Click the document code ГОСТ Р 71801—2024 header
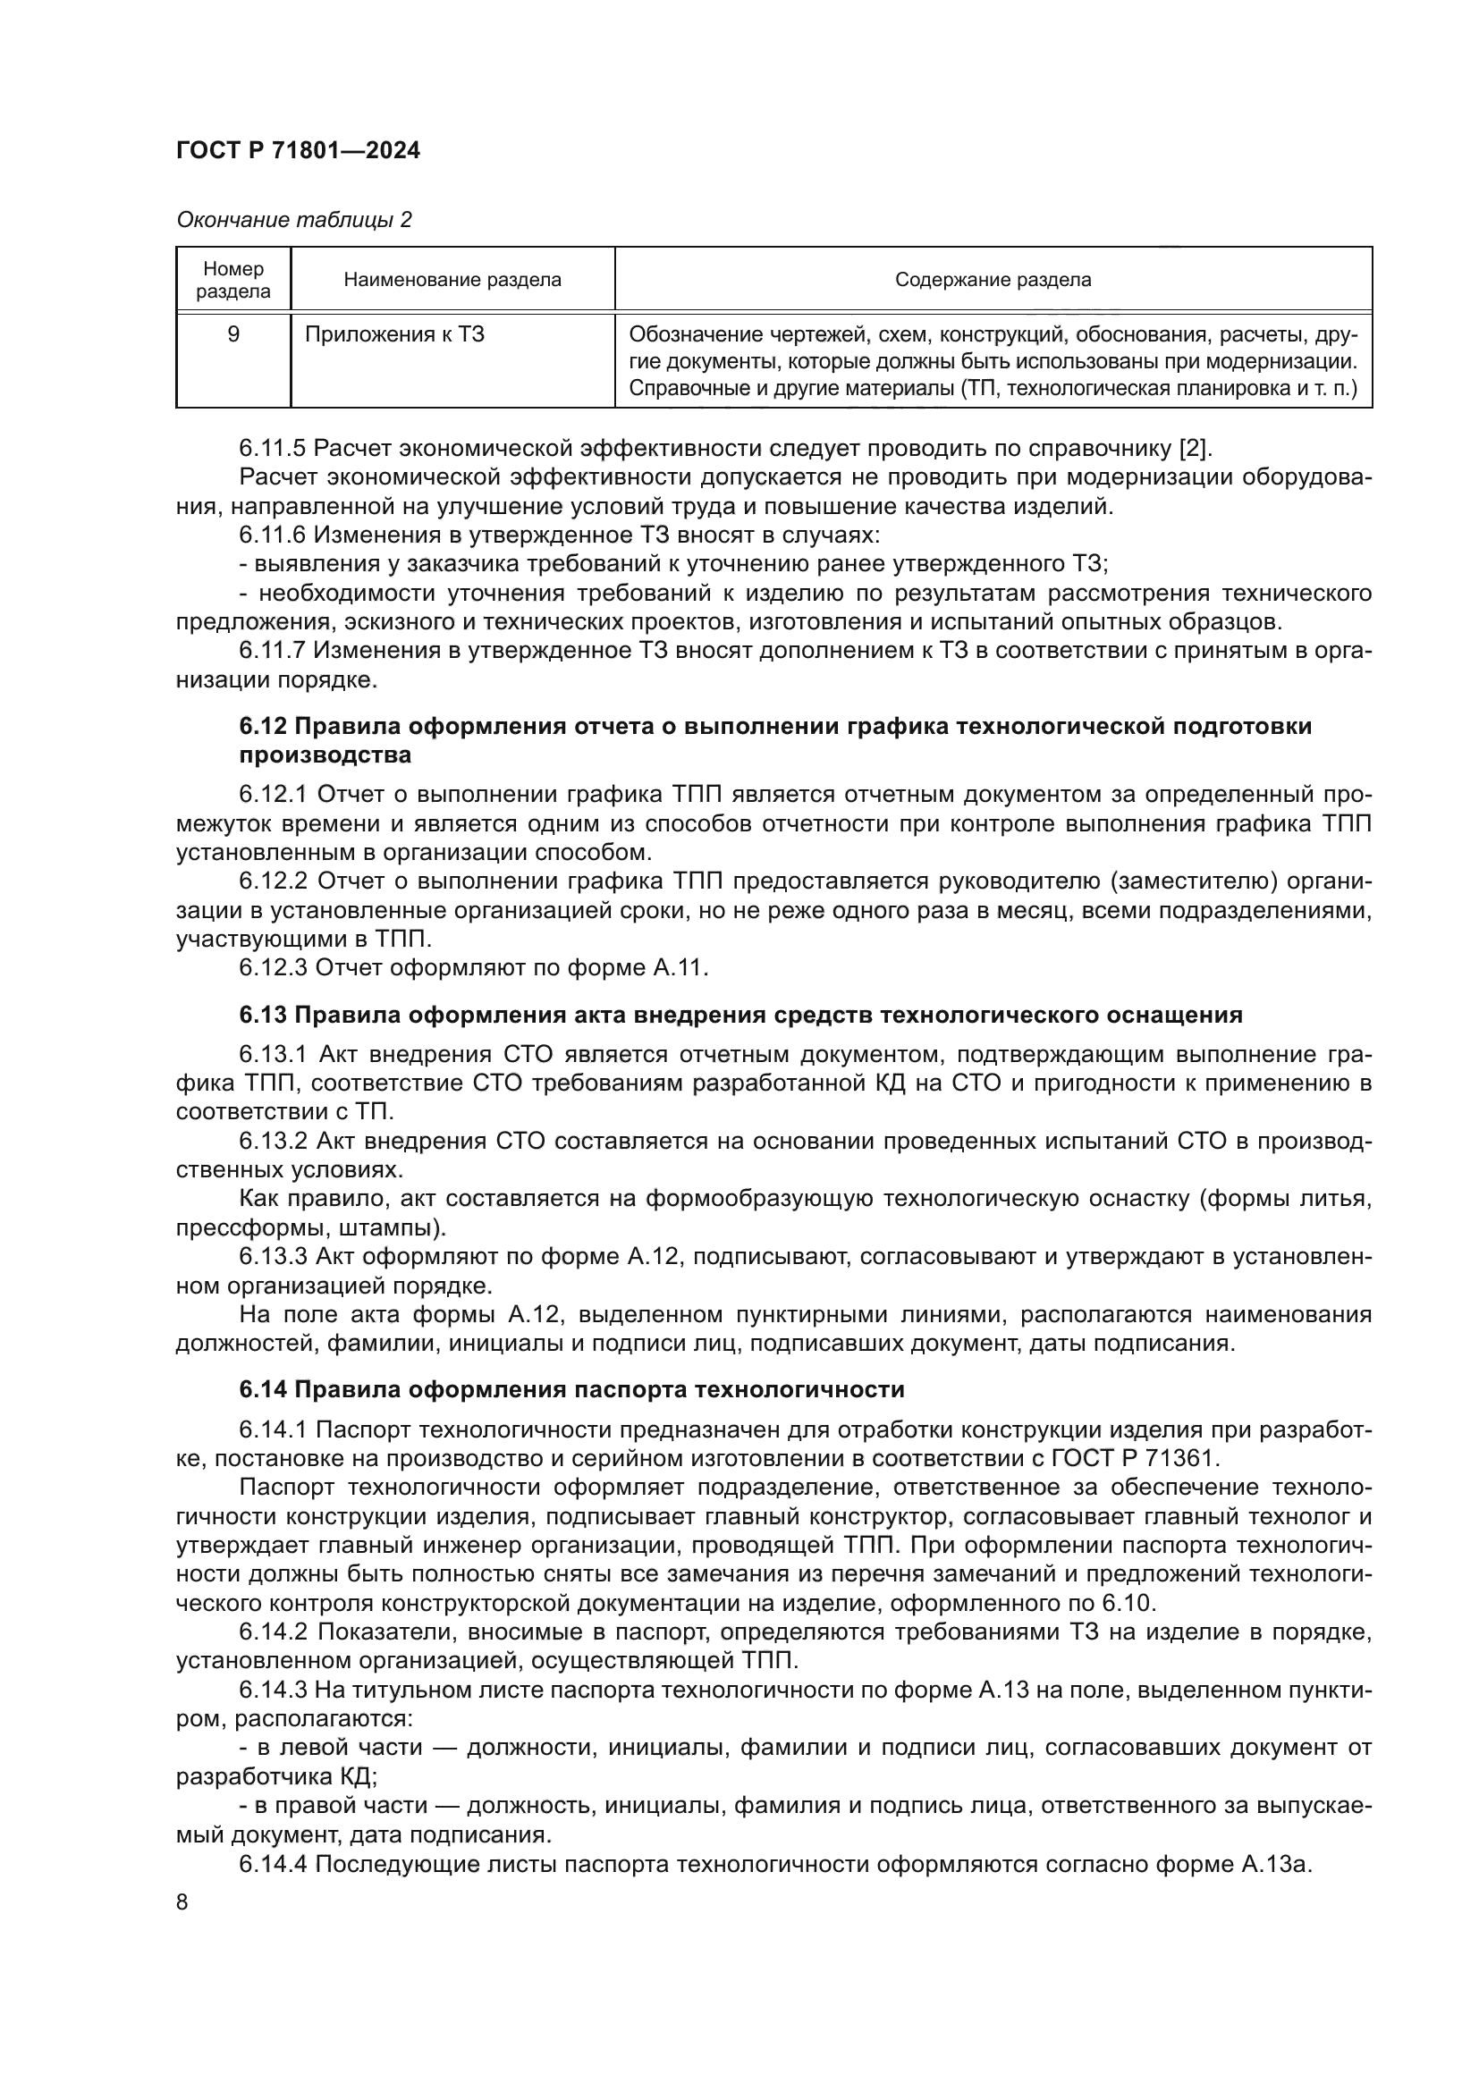tap(298, 151)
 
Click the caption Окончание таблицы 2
tap(293, 220)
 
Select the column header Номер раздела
tap(233, 280)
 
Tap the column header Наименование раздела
tap(452, 280)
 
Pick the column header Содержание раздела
tap(992, 280)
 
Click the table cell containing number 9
tap(233, 334)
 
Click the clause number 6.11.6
tap(274, 535)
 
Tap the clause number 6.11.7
tap(274, 650)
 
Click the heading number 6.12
tap(263, 726)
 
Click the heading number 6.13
tap(263, 1015)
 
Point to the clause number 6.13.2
tap(275, 1141)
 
